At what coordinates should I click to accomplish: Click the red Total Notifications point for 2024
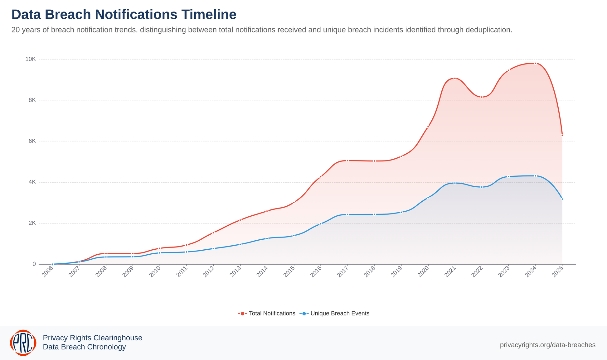pos(535,64)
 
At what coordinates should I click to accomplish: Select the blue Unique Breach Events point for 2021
pos(455,183)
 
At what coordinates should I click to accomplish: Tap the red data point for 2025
pos(562,135)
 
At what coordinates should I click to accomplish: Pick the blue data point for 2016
pos(321,224)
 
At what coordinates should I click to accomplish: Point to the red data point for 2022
pos(482,97)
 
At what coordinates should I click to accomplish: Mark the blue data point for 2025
pos(562,199)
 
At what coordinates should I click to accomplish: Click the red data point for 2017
pos(347,161)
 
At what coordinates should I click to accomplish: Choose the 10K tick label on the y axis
pos(31,59)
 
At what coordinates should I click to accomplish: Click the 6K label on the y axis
pos(32,141)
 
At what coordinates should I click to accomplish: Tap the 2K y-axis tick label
pos(32,223)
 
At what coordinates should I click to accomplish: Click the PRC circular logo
pos(23,343)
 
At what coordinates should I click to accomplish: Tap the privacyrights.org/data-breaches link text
pos(547,345)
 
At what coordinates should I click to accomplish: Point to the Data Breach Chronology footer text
pos(84,347)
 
